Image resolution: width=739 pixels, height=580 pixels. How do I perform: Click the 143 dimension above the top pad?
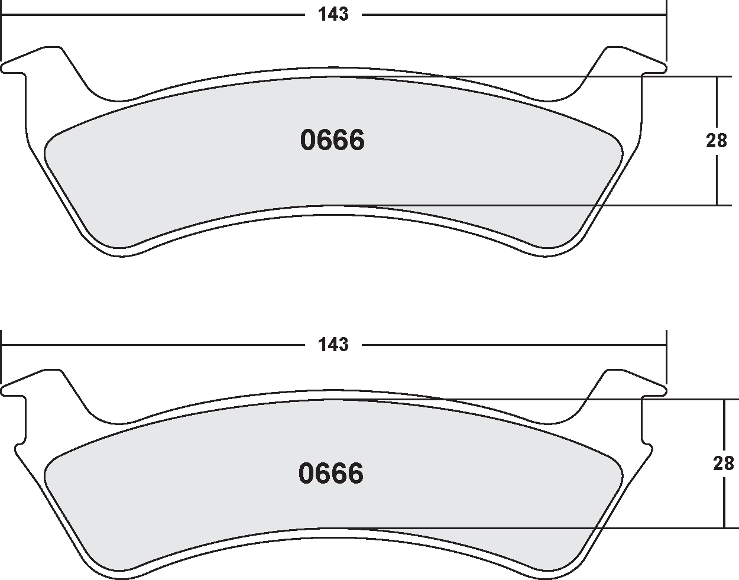pyautogui.click(x=333, y=15)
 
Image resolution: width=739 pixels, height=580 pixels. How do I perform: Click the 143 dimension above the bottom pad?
pyautogui.click(x=333, y=344)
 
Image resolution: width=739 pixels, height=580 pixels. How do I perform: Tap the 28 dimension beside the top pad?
pyautogui.click(x=717, y=141)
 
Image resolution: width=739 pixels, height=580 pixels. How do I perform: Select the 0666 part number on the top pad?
pyautogui.click(x=332, y=141)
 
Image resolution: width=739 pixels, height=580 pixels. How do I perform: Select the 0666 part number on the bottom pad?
pyautogui.click(x=331, y=474)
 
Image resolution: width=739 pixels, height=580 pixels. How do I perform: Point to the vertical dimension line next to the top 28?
pyautogui.click(x=717, y=177)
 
